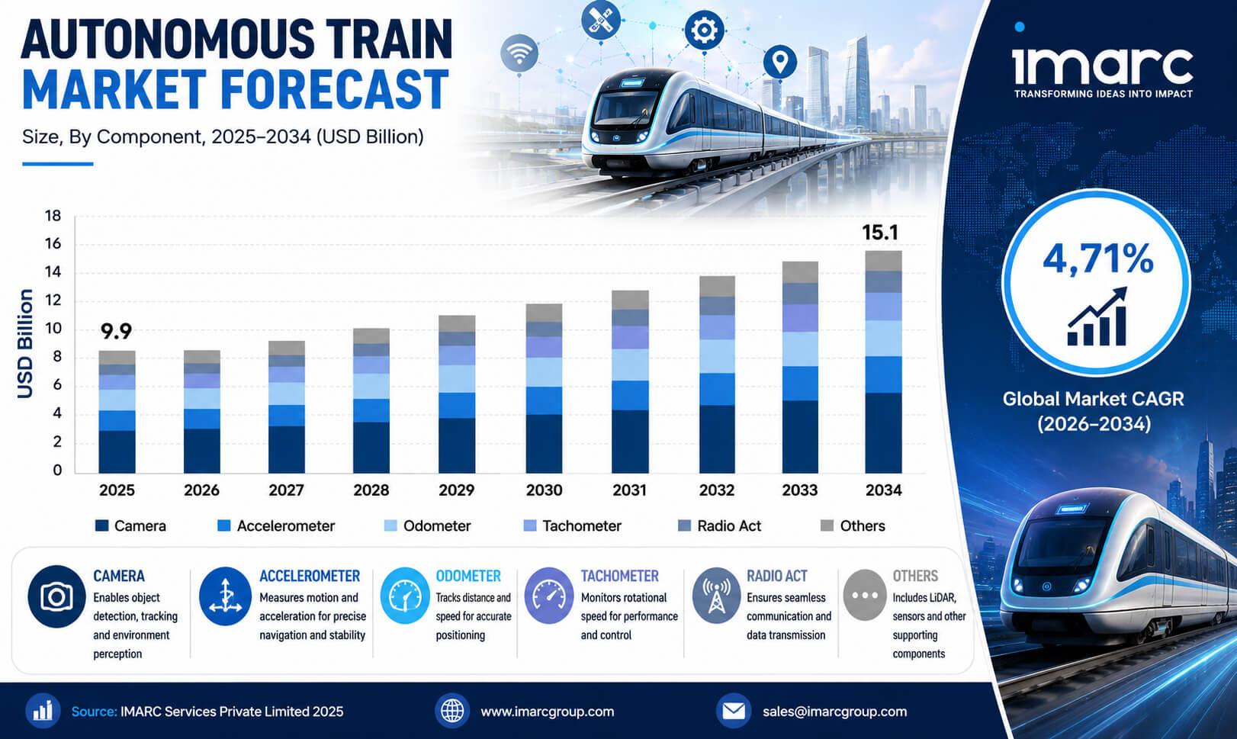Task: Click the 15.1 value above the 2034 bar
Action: [880, 233]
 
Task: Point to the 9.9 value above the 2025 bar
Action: [116, 332]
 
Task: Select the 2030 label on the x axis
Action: [544, 490]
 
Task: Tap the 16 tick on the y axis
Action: [53, 243]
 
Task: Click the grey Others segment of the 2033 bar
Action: [800, 272]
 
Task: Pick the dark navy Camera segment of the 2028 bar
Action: [371, 448]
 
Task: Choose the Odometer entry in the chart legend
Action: [427, 525]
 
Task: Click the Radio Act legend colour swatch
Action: [684, 525]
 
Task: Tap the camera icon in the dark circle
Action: [56, 596]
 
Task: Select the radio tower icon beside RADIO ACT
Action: [716, 596]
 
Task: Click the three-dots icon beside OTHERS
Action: [865, 596]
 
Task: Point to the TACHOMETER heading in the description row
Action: [619, 576]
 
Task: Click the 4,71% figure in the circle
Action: [1098, 259]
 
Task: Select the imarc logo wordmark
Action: [1103, 67]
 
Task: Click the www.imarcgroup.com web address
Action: [548, 712]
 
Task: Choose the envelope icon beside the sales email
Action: [734, 712]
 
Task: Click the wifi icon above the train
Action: [519, 53]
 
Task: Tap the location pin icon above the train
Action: [779, 62]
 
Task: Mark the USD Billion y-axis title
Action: [25, 343]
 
